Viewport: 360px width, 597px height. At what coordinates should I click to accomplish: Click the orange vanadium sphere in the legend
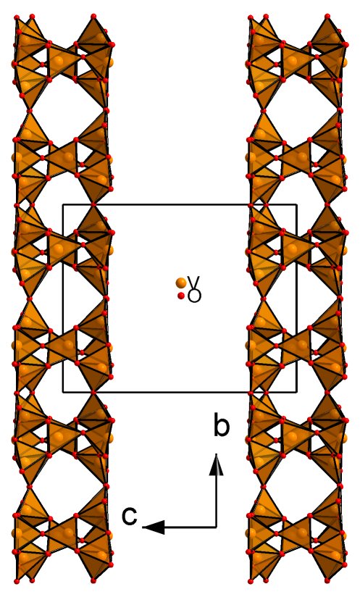181,283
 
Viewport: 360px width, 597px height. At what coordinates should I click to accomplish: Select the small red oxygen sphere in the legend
182,296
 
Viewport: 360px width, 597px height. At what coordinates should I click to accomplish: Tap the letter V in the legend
194,282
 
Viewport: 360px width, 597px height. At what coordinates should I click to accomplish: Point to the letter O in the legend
194,296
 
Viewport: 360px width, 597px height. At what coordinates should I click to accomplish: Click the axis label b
222,427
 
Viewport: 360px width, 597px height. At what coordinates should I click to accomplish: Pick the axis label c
130,517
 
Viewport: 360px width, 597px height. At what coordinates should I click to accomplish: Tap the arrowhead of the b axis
217,464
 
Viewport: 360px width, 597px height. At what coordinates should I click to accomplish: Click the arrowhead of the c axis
154,527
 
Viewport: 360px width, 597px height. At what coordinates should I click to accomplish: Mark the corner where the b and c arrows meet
217,527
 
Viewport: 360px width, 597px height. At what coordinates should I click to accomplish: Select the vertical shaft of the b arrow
217,501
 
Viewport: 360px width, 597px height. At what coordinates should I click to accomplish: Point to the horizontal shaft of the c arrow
191,527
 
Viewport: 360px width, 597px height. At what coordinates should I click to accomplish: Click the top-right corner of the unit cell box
296,205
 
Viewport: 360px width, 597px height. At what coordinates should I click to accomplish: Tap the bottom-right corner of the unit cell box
296,392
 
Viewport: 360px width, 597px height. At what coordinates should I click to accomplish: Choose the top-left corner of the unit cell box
63,205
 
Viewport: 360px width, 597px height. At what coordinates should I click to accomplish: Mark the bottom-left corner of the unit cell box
63,392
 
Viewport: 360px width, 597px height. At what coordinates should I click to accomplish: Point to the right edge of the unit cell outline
296,298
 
